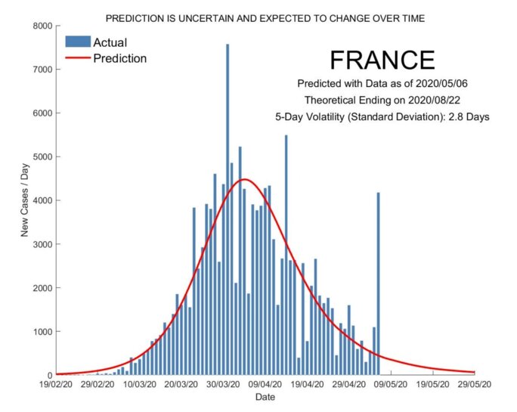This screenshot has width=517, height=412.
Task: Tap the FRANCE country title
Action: pos(382,60)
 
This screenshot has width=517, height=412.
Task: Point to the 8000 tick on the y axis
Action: pos(39,26)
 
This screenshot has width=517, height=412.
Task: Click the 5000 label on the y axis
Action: pos(39,157)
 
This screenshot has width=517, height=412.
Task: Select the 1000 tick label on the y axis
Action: pos(39,332)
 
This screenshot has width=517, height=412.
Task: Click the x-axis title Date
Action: pos(265,397)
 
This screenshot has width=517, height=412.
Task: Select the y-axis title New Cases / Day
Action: pos(24,200)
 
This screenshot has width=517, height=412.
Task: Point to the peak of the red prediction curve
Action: pos(244,179)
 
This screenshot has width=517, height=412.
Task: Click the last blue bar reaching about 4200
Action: pos(378,287)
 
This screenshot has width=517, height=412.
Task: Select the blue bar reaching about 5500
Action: pos(286,257)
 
